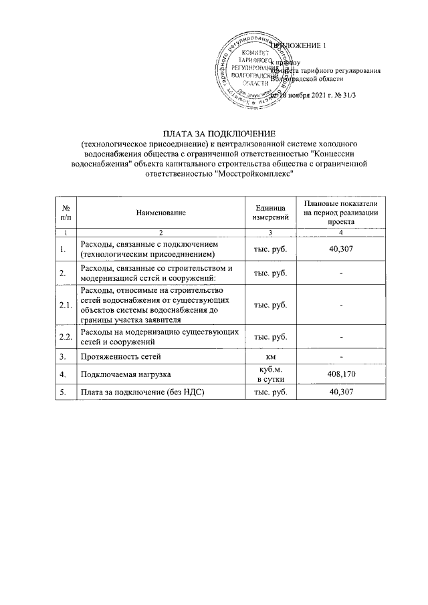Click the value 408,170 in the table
click(341, 372)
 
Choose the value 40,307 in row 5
click(341, 392)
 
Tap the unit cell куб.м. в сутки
click(270, 372)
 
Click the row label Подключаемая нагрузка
click(123, 372)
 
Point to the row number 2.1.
click(65, 305)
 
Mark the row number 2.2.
click(65, 336)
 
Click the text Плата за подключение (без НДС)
click(139, 392)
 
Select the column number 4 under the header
click(341, 231)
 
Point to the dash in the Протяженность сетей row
click(341, 355)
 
